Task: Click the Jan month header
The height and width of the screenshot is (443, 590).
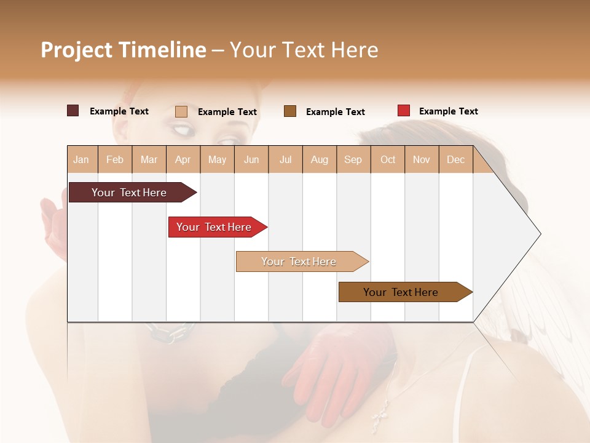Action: tap(81, 159)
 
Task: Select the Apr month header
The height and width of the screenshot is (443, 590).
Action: tap(183, 159)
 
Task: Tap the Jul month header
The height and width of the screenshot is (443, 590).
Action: tap(285, 159)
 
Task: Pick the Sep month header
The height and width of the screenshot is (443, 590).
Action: tap(353, 159)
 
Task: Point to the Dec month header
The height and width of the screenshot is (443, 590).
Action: tap(455, 159)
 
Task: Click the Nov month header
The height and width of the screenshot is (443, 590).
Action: tap(422, 159)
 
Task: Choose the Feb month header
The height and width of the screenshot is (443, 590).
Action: tap(115, 159)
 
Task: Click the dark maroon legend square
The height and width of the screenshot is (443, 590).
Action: tap(73, 111)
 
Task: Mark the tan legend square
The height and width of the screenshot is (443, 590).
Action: tap(181, 111)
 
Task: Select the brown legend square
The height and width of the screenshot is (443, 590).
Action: tap(290, 111)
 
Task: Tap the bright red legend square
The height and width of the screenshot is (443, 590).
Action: tap(404, 111)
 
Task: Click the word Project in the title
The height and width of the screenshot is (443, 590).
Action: tap(77, 50)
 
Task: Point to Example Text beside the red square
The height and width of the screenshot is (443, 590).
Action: tap(448, 111)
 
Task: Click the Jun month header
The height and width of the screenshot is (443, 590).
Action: tap(251, 159)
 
